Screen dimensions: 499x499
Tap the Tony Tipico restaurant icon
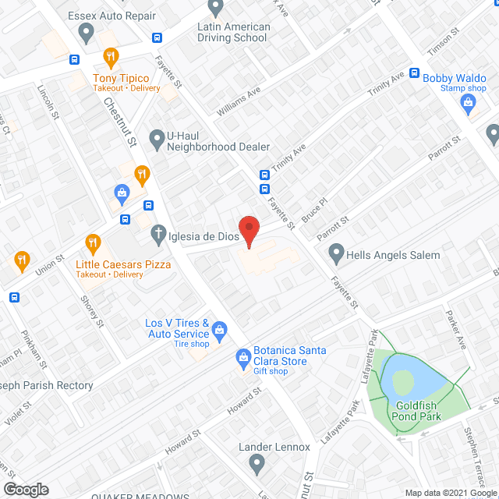coord(111,56)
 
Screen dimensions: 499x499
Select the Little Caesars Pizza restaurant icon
coord(94,242)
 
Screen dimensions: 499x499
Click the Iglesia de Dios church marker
coord(157,232)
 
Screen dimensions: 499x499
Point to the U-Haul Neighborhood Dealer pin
coord(157,140)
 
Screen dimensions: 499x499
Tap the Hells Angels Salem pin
coord(336,253)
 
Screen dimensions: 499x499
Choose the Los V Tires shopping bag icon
coord(220,331)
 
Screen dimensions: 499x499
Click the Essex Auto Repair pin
coord(87,33)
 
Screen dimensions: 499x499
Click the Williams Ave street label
coord(239,102)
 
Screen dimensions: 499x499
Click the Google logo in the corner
coord(25,489)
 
